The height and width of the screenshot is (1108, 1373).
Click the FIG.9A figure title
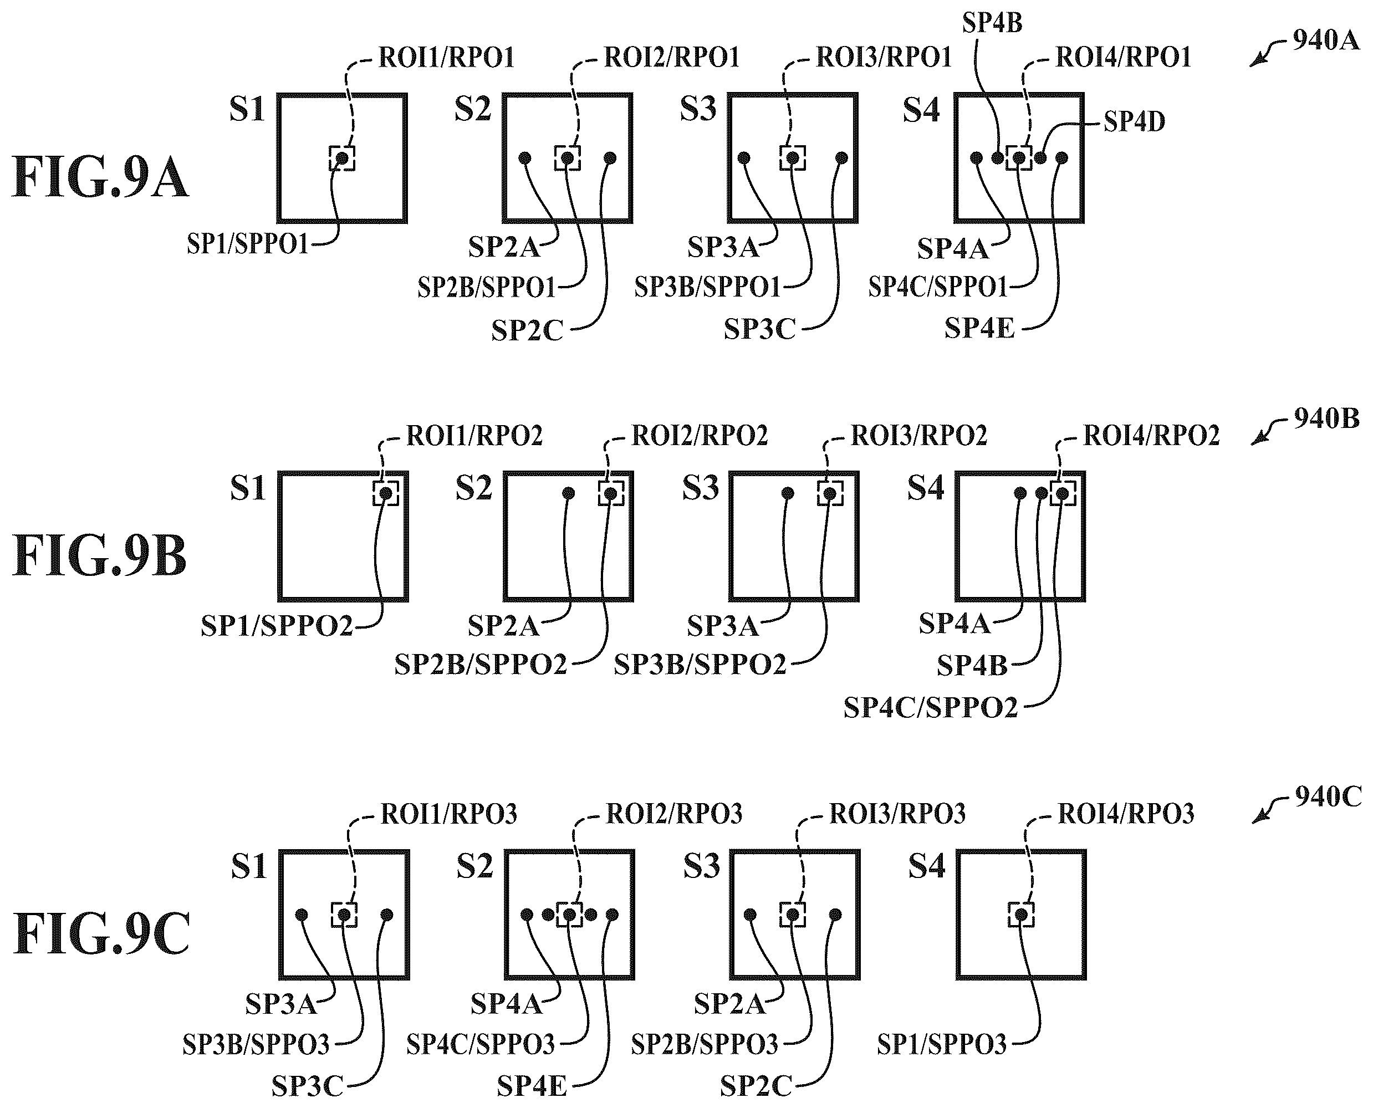(x=100, y=178)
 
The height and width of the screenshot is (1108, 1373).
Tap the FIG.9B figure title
(x=100, y=556)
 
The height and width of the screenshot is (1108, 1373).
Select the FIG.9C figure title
(x=101, y=935)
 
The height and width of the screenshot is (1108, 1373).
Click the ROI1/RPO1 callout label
(x=447, y=58)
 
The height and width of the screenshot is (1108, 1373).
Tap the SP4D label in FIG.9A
(x=1134, y=121)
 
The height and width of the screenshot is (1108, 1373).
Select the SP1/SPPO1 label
(x=248, y=244)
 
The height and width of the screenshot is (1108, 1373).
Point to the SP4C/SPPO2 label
(x=931, y=708)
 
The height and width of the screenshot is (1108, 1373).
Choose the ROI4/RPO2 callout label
(x=1151, y=436)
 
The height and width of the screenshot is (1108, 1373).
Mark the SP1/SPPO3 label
(x=942, y=1044)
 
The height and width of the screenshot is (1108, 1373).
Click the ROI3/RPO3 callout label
(x=897, y=814)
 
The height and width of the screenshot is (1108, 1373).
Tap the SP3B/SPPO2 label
(x=700, y=665)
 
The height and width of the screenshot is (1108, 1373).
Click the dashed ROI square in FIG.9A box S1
(x=342, y=157)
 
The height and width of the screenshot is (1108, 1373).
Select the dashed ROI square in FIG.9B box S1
(x=386, y=493)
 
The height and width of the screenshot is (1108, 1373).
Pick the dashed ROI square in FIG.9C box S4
(x=1021, y=915)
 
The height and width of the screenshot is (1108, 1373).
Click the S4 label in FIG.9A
(x=921, y=110)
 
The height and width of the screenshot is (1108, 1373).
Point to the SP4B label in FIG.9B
(x=972, y=666)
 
